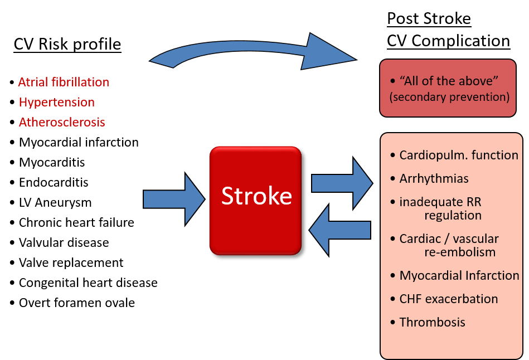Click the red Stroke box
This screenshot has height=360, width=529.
tap(255, 201)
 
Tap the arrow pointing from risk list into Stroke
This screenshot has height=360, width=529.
tap(174, 199)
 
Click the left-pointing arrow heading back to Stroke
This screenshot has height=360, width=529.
tap(339, 230)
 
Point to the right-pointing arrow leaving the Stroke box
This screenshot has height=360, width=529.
tap(342, 183)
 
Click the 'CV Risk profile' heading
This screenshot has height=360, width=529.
tap(67, 44)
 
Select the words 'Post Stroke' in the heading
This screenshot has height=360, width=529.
tap(429, 18)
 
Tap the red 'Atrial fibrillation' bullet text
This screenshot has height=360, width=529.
tap(64, 82)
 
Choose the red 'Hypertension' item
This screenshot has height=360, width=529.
tap(57, 102)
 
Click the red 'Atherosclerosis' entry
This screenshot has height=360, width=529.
tap(62, 122)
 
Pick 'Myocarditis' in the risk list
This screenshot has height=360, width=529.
tap(52, 162)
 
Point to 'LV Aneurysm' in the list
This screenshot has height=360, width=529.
tap(55, 202)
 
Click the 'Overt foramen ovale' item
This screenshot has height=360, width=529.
tap(77, 303)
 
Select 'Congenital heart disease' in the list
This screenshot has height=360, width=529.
tap(89, 283)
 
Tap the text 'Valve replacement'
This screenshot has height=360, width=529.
tap(71, 262)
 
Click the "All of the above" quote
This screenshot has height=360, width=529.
tap(449, 81)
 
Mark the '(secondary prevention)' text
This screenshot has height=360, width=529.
tap(449, 97)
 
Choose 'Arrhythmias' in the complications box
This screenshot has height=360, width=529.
tap(434, 178)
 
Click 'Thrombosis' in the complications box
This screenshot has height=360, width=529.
tap(432, 322)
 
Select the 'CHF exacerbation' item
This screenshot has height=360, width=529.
tap(449, 299)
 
